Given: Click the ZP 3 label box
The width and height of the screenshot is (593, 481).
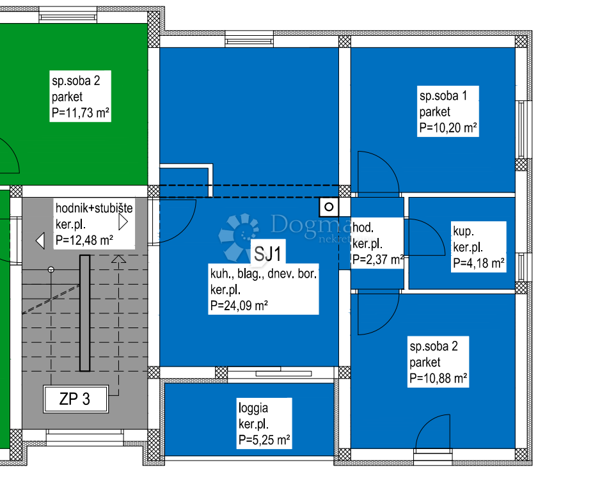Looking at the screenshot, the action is tap(75, 399).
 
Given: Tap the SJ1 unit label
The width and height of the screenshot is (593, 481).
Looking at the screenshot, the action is tap(268, 254).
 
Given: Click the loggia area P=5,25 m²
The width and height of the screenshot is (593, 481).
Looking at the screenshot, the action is tap(264, 440).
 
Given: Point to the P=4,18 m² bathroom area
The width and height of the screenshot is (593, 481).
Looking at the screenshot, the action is tap(478, 263).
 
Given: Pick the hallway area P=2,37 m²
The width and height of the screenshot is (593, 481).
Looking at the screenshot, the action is tap(377, 260).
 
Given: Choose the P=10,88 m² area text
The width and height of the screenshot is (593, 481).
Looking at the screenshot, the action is tap(438, 378).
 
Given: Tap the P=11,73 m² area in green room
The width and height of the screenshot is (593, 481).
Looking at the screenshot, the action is tap(81, 113).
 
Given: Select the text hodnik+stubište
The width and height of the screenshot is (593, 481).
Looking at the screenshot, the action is tap(94, 208).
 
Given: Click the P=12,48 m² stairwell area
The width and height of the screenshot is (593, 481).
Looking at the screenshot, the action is tap(84, 240).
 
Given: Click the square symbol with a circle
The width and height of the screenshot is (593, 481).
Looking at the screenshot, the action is tap(329, 207).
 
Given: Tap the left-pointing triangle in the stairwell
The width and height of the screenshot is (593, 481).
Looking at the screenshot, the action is tap(40, 241).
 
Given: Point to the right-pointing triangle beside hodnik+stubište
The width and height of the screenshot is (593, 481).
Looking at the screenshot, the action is tap(123, 222).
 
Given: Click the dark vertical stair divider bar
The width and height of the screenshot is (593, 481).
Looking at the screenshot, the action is tap(84, 313).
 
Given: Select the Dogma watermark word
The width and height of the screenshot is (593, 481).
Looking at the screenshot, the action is tap(311, 225).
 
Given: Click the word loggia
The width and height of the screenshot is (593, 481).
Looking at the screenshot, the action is tap(253, 408).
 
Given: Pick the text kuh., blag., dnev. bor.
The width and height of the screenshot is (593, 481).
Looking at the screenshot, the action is tap(263, 273).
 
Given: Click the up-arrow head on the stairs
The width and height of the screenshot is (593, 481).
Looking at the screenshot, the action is tap(119, 258).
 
